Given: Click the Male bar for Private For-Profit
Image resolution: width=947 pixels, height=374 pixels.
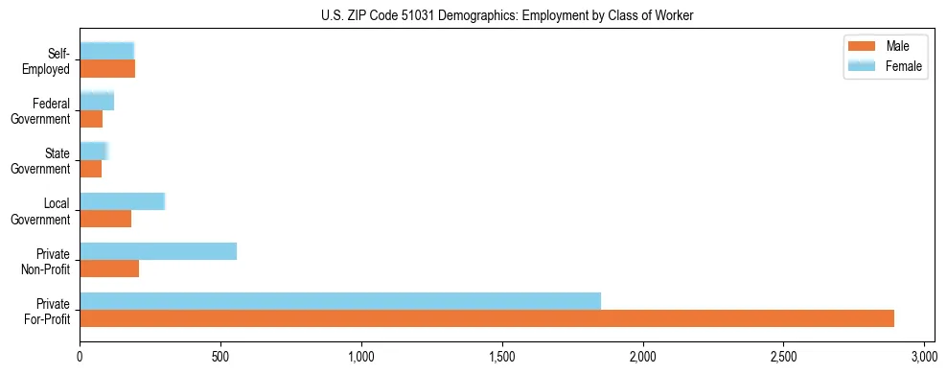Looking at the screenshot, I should (x=487, y=318).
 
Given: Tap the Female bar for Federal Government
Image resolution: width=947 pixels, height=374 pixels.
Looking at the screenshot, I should (x=97, y=101).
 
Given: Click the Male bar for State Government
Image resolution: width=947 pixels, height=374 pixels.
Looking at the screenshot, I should (x=90, y=169).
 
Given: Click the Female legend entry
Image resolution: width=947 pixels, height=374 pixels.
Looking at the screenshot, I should (x=904, y=65).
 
